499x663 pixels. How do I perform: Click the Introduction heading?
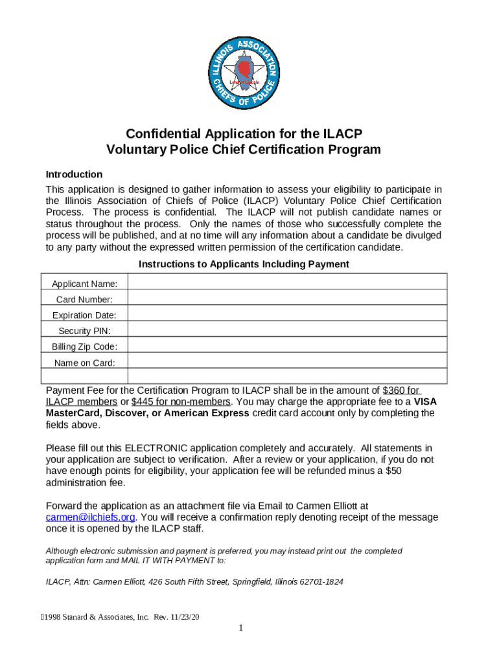(x=74, y=174)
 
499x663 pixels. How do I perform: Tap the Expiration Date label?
(x=84, y=315)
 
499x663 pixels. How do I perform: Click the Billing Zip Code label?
(x=84, y=346)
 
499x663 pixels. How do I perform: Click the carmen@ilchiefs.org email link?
(x=91, y=517)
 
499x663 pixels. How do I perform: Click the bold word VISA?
(x=425, y=401)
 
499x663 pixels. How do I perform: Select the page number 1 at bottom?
(x=240, y=629)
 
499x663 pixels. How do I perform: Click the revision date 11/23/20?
(x=185, y=617)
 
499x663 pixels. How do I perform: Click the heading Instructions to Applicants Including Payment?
(x=244, y=264)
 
